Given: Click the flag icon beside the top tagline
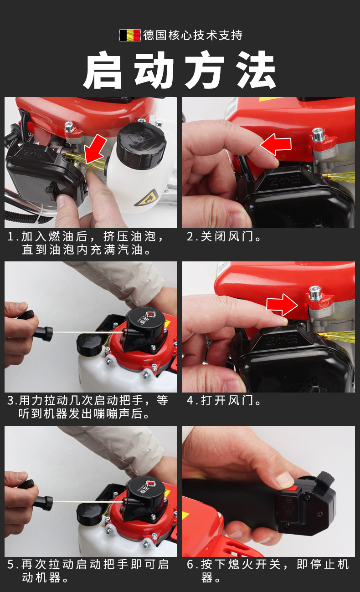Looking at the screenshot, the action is tap(130, 35).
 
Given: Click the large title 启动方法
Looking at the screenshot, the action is tap(180, 70).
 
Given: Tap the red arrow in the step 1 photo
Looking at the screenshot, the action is tap(95, 149).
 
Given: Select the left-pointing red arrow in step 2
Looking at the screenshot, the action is tap(276, 144).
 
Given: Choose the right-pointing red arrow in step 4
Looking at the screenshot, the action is tap(282, 305).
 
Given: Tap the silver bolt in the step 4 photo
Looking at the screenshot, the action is tap(315, 293).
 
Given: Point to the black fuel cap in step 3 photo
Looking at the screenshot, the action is tap(89, 345).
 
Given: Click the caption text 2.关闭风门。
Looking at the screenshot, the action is tap(224, 236).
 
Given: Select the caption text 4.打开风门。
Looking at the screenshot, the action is tap(224, 400).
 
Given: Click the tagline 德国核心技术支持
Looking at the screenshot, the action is tap(193, 35).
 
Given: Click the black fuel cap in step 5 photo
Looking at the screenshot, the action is tap(89, 514).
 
